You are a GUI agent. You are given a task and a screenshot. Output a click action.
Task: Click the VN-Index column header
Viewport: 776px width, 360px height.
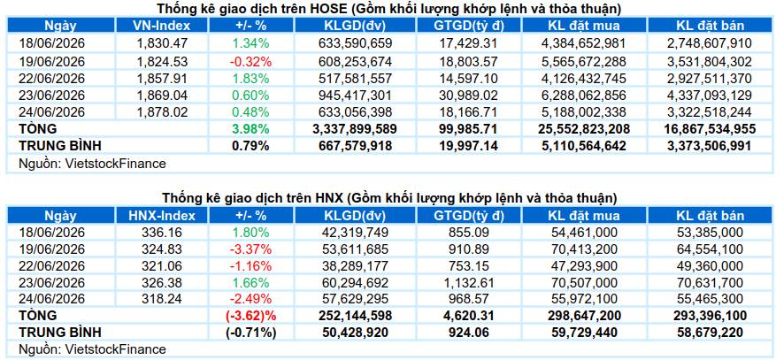pos(162,26)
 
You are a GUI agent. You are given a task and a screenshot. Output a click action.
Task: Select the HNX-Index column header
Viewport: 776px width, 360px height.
pos(162,216)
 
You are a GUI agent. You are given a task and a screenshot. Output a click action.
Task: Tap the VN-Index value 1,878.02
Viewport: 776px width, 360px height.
pos(162,111)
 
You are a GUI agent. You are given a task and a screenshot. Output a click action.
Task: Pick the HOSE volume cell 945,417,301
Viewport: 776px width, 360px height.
pos(356,95)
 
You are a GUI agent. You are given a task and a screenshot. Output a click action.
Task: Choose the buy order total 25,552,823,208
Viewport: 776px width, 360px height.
pos(584,129)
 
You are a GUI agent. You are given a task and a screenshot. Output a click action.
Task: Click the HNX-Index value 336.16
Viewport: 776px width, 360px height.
pos(162,233)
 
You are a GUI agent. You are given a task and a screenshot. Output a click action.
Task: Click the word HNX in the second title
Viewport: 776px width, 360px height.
pos(329,198)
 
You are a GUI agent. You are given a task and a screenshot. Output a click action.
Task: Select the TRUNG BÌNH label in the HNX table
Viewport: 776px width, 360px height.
pos(59,333)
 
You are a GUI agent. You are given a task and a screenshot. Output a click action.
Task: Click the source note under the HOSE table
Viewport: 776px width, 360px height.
pos(91,164)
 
